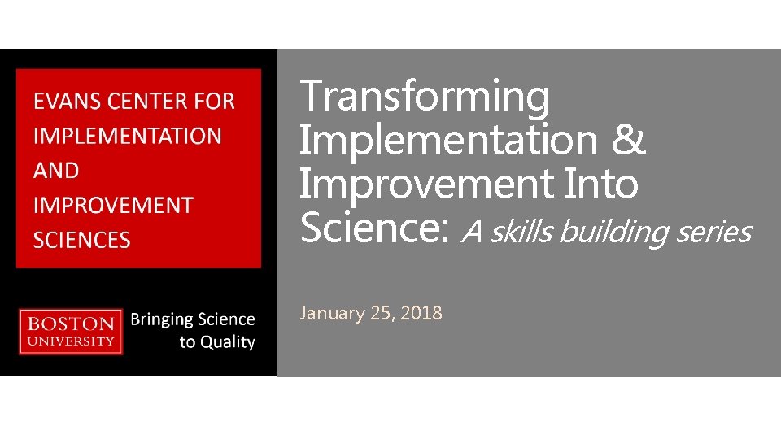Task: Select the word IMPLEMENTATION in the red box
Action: pyautogui.click(x=127, y=136)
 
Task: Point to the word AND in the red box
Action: pyautogui.click(x=56, y=171)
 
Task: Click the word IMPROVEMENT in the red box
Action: pyautogui.click(x=113, y=205)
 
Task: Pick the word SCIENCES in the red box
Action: pyautogui.click(x=81, y=240)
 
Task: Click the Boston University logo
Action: pyautogui.click(x=72, y=331)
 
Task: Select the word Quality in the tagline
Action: pyautogui.click(x=228, y=342)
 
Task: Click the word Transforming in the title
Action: pyautogui.click(x=425, y=97)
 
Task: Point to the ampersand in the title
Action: pyautogui.click(x=627, y=140)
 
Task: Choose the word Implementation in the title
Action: pyautogui.click(x=448, y=140)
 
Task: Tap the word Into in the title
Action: pyautogui.click(x=602, y=184)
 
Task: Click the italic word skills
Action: pyautogui.click(x=522, y=233)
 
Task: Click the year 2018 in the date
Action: pyautogui.click(x=421, y=313)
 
